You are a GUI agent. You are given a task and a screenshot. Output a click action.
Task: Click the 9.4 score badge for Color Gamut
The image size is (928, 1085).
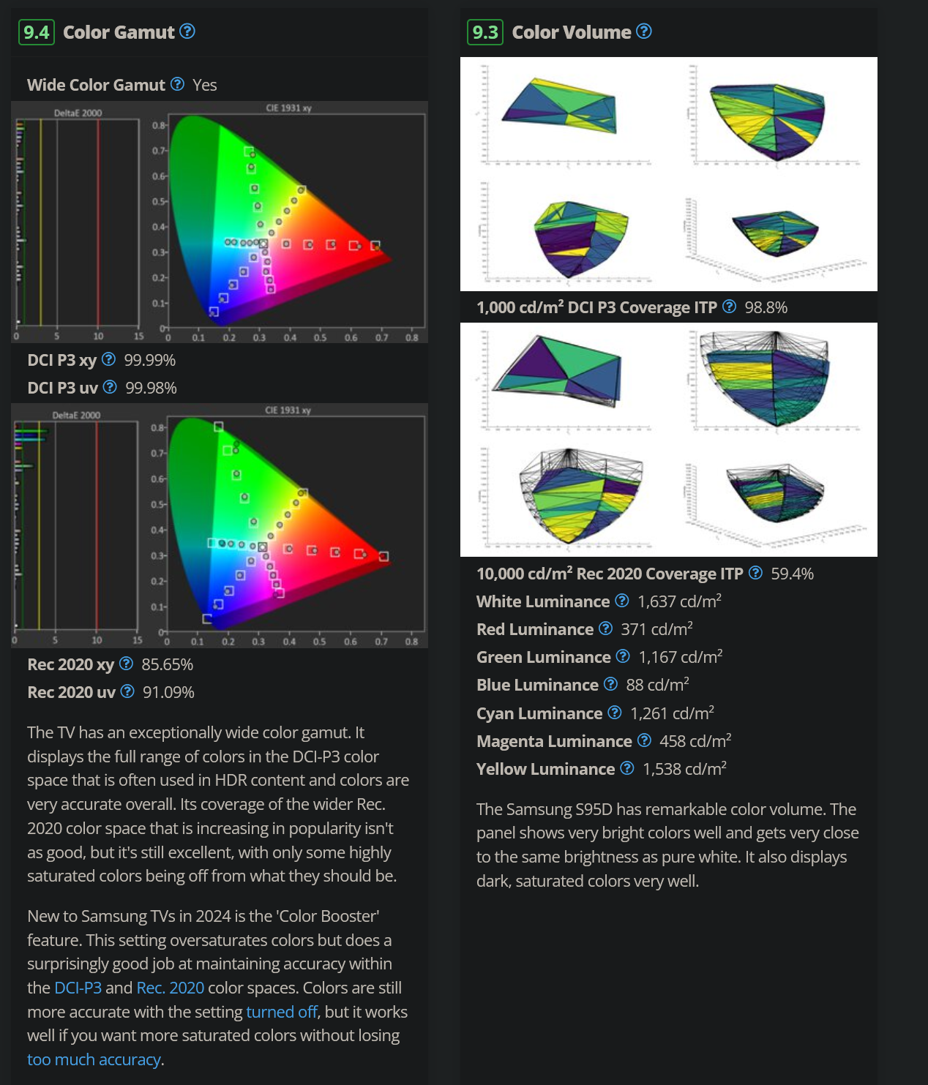37,32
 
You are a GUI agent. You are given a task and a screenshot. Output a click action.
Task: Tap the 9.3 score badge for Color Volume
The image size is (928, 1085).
485,32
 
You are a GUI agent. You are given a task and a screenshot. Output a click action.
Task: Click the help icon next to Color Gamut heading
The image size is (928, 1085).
188,31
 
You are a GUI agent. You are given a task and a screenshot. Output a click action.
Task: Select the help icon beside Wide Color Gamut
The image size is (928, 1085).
178,84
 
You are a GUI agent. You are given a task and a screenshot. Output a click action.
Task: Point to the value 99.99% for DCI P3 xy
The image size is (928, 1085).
150,360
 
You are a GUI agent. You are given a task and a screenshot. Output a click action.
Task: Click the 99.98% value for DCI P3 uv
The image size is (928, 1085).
151,388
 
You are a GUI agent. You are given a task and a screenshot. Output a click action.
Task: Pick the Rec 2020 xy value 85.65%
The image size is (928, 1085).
168,664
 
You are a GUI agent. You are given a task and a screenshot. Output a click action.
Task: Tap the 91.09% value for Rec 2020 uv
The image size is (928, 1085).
168,692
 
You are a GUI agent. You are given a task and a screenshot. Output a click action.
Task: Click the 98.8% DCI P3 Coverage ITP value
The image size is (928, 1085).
766,307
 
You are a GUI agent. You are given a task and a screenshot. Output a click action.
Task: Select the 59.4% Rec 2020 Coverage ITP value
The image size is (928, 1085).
793,574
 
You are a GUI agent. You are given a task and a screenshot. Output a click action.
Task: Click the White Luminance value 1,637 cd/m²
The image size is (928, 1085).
679,601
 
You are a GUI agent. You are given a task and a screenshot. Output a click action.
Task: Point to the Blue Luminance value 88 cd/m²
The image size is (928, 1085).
657,685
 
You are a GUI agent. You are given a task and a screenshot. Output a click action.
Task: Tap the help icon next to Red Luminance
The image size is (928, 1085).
606,628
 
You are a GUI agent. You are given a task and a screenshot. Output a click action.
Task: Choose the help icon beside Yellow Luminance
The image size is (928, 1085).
627,768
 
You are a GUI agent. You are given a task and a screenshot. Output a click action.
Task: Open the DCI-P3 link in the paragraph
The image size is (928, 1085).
78,988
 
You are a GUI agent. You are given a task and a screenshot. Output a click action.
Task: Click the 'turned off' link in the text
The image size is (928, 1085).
282,1012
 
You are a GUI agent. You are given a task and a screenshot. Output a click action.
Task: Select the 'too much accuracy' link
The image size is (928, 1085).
94,1059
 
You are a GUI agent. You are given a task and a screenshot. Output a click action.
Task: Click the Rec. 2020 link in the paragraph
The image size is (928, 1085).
171,988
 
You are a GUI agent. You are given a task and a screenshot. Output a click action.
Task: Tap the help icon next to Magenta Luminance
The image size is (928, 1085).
645,740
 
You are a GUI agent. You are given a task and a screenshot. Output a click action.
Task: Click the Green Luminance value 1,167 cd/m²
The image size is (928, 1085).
680,657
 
